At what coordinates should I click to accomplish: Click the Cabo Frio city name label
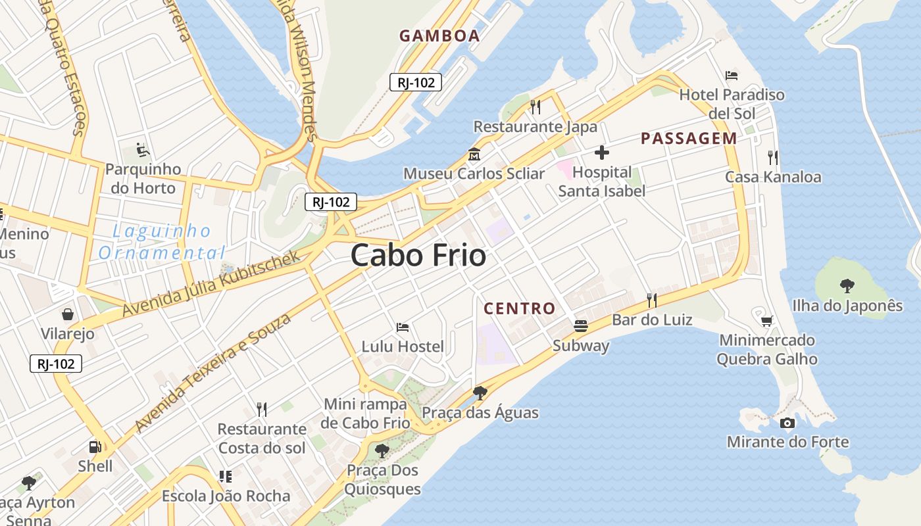(x=418, y=255)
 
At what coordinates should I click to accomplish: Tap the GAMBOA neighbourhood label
(x=439, y=36)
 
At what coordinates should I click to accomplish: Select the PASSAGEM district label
(x=689, y=138)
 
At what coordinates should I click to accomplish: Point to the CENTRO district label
(x=520, y=308)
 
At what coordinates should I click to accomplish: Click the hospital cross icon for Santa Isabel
(x=601, y=153)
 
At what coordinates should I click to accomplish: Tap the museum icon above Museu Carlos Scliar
(x=474, y=155)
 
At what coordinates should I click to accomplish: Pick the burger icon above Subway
(x=580, y=325)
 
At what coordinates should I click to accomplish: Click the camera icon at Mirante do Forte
(x=787, y=423)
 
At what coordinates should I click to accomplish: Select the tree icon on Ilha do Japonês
(x=847, y=285)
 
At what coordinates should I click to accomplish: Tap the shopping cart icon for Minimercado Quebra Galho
(x=766, y=321)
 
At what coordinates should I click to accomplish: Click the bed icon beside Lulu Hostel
(x=403, y=327)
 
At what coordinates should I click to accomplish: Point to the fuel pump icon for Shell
(x=95, y=447)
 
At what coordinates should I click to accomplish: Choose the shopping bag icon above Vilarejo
(x=67, y=314)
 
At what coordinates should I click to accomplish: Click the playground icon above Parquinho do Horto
(x=143, y=150)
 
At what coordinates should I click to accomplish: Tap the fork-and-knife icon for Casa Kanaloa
(x=773, y=158)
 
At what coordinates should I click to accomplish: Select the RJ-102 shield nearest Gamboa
(x=416, y=82)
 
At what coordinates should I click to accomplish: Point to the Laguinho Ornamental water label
(x=162, y=241)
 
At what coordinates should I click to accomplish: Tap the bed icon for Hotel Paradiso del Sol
(x=732, y=76)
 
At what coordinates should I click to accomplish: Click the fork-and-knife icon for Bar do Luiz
(x=652, y=300)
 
